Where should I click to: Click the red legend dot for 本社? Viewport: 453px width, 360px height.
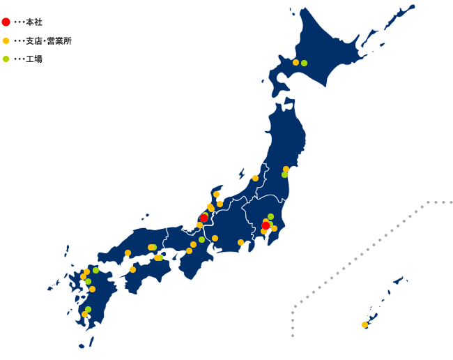(6, 22)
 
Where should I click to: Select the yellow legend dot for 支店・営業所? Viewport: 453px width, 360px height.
(6, 40)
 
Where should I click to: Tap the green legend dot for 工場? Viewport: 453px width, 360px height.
(6, 59)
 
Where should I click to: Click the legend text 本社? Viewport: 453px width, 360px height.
(34, 22)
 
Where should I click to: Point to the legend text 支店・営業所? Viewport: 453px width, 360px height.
(48, 40)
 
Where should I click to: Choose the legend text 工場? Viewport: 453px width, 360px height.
(34, 59)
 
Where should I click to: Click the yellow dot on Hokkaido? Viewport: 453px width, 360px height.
(295, 63)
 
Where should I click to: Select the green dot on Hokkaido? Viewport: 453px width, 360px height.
(304, 63)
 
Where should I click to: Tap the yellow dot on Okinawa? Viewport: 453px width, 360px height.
(364, 324)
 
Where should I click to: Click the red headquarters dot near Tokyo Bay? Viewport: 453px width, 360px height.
(266, 225)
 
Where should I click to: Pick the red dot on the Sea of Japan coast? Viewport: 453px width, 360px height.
(204, 218)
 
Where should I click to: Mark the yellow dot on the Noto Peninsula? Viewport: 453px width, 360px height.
(216, 195)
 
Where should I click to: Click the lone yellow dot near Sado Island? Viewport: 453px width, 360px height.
(255, 178)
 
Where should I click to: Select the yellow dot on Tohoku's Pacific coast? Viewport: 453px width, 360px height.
(286, 169)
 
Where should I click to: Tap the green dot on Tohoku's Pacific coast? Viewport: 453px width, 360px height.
(284, 174)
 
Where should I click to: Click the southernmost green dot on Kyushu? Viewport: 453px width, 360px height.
(88, 309)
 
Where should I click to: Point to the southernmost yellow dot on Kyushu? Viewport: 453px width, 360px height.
(84, 314)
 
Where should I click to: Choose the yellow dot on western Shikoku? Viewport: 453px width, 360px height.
(132, 269)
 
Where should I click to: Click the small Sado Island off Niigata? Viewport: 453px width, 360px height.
(242, 172)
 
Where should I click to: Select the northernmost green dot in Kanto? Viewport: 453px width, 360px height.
(270, 216)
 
